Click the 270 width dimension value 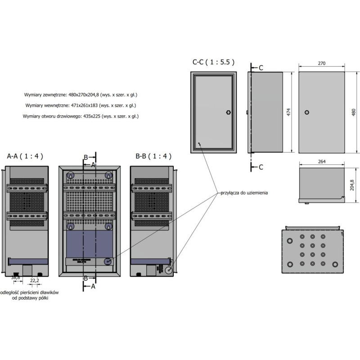[x=321, y=63]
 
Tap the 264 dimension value [x=321, y=161]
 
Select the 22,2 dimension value [x=34, y=281]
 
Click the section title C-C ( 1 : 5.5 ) [x=213, y=63]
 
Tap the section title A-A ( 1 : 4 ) [x=25, y=156]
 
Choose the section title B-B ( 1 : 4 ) [x=153, y=156]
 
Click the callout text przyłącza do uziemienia [x=244, y=192]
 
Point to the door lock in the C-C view [x=228, y=112]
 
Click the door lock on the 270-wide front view [x=307, y=112]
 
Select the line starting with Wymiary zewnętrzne [x=81, y=95]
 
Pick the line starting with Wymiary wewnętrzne [x=81, y=106]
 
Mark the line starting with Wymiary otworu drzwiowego [x=81, y=117]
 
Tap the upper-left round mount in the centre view [x=70, y=175]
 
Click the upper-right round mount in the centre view [x=108, y=175]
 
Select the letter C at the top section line [x=261, y=67]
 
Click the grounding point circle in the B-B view [x=168, y=270]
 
